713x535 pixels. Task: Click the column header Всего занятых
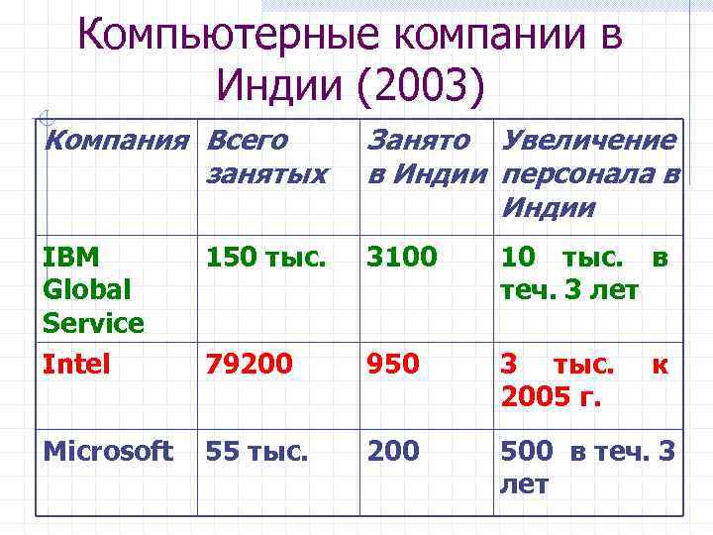tap(265, 157)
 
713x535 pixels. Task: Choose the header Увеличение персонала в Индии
tap(589, 173)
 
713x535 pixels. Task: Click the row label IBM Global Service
tap(94, 290)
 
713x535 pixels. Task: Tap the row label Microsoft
tap(108, 451)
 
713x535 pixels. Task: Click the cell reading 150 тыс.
tap(264, 258)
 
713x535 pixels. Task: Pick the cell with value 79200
tap(249, 366)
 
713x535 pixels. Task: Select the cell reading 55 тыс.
tap(256, 452)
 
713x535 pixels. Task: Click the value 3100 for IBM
tap(401, 258)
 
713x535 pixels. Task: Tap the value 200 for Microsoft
tap(393, 452)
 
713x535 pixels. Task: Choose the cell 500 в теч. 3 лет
tap(587, 468)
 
